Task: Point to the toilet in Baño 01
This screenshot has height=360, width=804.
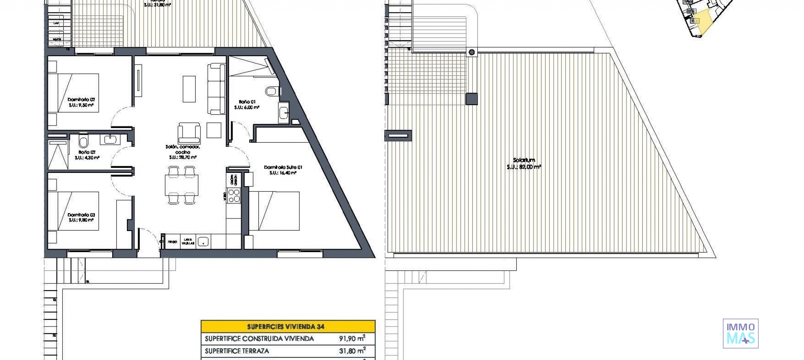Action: [x=272, y=90]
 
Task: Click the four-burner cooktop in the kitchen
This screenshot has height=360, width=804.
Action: [x=234, y=195]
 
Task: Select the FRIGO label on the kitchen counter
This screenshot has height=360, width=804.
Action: [x=172, y=242]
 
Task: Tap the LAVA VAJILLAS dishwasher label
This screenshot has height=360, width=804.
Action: [x=188, y=242]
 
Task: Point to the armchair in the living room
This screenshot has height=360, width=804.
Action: [x=189, y=133]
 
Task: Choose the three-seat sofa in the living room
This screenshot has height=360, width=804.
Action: [x=217, y=88]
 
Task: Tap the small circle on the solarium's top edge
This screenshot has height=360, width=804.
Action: [x=472, y=52]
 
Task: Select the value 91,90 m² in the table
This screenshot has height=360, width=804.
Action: [x=352, y=338]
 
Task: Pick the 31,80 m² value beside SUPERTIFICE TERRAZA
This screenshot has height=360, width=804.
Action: [x=352, y=351]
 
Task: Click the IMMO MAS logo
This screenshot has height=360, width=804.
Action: [x=740, y=334]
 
